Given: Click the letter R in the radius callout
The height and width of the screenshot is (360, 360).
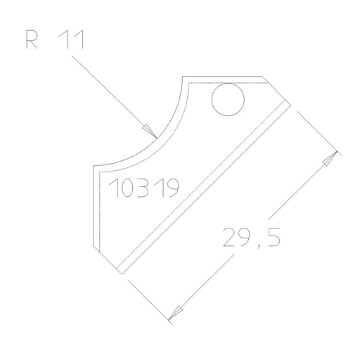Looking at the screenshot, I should coord(32,40).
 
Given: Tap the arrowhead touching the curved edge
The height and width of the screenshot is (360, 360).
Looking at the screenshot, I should coord(150,131).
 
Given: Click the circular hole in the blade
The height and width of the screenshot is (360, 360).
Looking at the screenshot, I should coord(229,99).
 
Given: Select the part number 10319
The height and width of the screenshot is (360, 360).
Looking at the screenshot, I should coord(145,188).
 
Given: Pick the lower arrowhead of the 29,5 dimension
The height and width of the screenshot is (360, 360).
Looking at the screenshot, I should coord(176,311).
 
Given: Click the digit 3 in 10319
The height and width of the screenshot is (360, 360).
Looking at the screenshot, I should coord(143,188).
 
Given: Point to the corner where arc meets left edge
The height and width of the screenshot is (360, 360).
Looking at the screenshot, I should coord(94,167).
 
